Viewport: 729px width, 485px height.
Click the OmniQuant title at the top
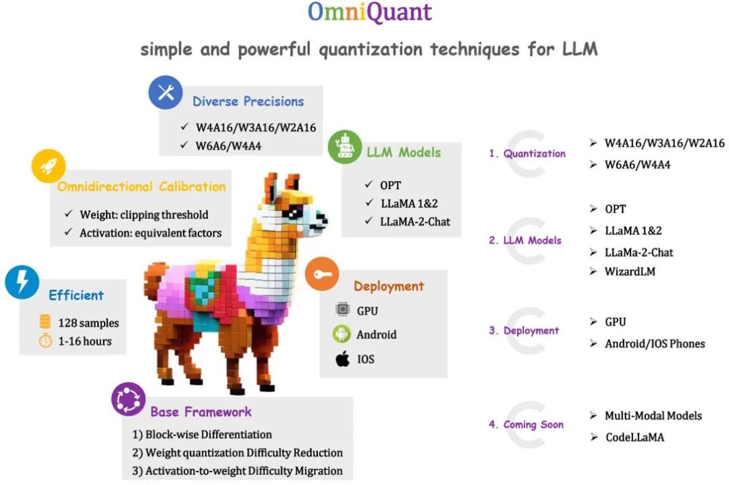[369, 13]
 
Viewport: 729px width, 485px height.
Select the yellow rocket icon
[49, 166]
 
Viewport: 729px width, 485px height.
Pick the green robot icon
[344, 147]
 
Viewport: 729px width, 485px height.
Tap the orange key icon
[322, 274]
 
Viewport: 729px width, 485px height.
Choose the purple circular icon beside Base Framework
[128, 399]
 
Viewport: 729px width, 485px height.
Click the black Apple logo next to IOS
[343, 359]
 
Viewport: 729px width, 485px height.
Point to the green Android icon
[343, 334]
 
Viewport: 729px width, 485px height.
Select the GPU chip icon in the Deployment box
[343, 311]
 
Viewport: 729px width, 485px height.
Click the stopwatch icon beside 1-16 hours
[45, 341]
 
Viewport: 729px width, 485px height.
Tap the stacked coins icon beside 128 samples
[45, 322]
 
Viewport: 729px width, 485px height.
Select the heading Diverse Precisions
[248, 101]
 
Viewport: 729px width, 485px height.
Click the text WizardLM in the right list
[630, 272]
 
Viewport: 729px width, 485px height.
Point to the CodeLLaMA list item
[634, 437]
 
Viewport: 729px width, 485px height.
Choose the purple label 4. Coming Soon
[526, 425]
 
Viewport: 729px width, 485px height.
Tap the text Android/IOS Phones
[654, 344]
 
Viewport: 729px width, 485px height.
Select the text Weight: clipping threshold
[144, 215]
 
